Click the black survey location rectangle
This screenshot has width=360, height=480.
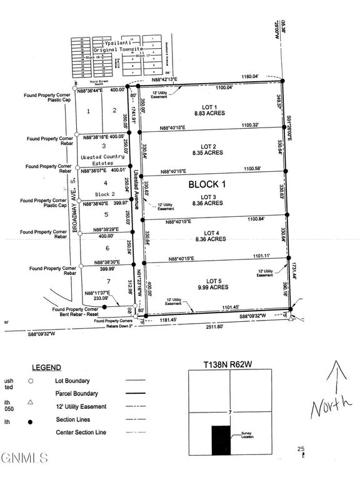point(221,439)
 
